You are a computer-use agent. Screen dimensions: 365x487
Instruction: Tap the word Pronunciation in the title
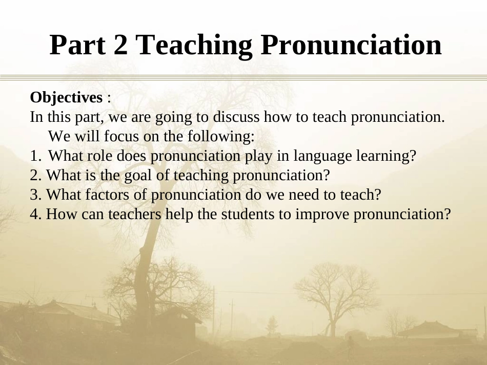(x=351, y=45)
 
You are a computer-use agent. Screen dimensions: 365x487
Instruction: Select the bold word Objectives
(x=66, y=97)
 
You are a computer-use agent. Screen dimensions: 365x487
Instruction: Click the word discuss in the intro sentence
(x=236, y=117)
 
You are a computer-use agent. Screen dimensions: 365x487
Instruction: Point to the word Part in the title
(x=77, y=45)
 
